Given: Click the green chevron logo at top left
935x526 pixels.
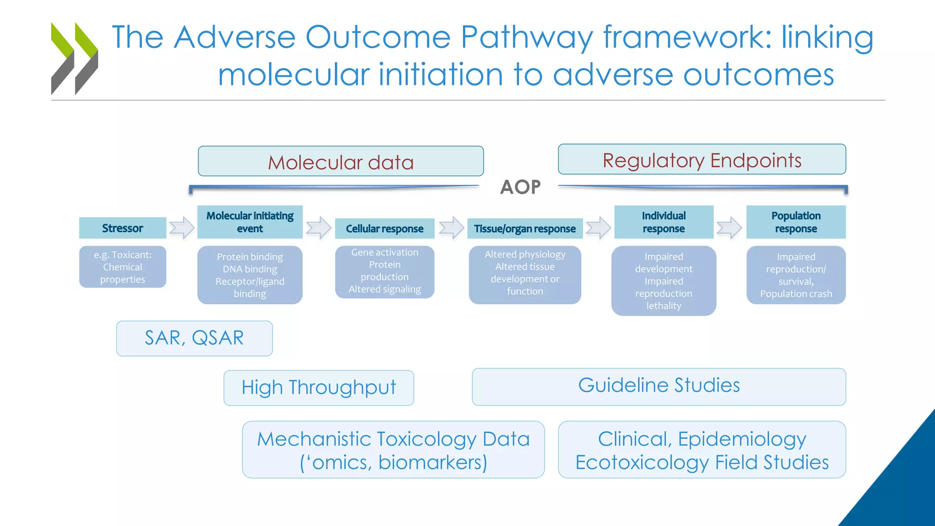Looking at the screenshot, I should point(74,58).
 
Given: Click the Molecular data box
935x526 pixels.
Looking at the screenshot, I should point(341,162).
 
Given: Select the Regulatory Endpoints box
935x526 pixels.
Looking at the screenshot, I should point(702,160).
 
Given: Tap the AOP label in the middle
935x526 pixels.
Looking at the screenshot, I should point(520,187).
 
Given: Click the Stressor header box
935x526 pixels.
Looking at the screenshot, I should point(122,228).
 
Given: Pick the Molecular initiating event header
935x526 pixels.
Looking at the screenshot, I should point(250,222).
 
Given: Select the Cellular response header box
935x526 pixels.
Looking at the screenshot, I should point(384,228).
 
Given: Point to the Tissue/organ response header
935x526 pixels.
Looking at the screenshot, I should point(525,228).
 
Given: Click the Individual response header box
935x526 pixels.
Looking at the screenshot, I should point(663,222).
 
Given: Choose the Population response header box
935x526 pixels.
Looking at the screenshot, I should point(796,222).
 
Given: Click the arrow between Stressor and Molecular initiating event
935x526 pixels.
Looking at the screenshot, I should point(182,227).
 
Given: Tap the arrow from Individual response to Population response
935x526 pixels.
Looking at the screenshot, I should point(729,227).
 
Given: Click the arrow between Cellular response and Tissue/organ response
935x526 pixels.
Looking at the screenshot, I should point(452,227).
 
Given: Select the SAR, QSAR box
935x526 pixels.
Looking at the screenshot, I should point(194,338).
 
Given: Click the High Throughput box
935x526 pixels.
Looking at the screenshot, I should point(319,388).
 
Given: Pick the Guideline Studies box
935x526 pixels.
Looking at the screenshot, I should point(659,386).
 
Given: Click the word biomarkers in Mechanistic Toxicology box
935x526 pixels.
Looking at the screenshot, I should point(432,462).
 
